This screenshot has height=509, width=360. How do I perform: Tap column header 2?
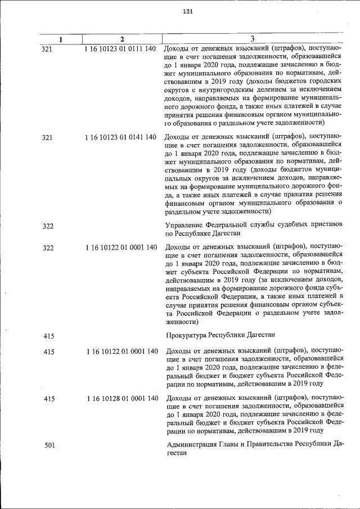click(122, 39)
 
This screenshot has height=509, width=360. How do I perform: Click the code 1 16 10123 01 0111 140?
click(120, 48)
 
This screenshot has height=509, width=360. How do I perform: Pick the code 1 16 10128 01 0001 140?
click(122, 399)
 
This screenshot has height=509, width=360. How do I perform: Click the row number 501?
click(49, 446)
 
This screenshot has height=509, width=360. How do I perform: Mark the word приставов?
click(325, 225)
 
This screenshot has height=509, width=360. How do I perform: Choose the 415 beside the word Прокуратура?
click(49, 336)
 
